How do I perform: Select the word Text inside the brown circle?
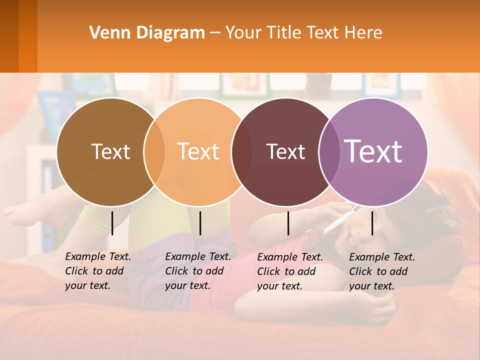110,151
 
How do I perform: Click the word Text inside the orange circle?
198,151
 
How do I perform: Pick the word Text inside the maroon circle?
285,151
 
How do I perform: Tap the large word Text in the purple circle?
373,151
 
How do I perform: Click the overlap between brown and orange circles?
154,152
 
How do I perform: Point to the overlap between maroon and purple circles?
328,152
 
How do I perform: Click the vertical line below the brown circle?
112,223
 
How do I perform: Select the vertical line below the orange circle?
200,223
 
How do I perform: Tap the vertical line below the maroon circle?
288,223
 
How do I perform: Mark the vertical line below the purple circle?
372,223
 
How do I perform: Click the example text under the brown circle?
97,271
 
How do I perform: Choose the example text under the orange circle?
197,271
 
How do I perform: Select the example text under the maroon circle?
289,271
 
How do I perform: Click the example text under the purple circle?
381,271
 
